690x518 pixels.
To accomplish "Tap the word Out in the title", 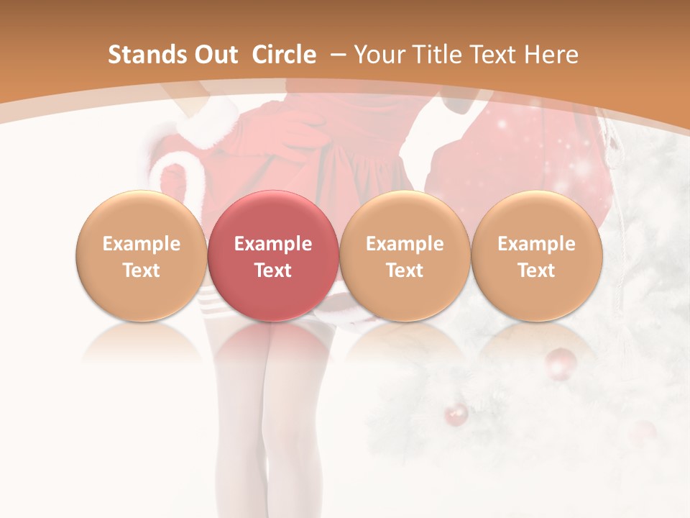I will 216,55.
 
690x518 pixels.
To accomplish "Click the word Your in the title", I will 378,55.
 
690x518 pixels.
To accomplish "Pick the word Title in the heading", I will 431,55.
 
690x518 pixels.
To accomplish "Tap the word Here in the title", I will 552,55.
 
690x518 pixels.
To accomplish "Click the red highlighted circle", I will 272,255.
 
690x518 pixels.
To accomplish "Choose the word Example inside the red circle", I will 272,244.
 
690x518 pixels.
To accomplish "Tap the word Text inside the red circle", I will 272,271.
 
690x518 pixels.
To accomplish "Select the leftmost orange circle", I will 141,255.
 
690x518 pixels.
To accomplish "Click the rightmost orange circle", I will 536,255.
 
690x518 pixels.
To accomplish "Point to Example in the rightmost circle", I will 536,244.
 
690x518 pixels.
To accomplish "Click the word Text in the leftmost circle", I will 141,271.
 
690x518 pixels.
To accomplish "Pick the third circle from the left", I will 405,255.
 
